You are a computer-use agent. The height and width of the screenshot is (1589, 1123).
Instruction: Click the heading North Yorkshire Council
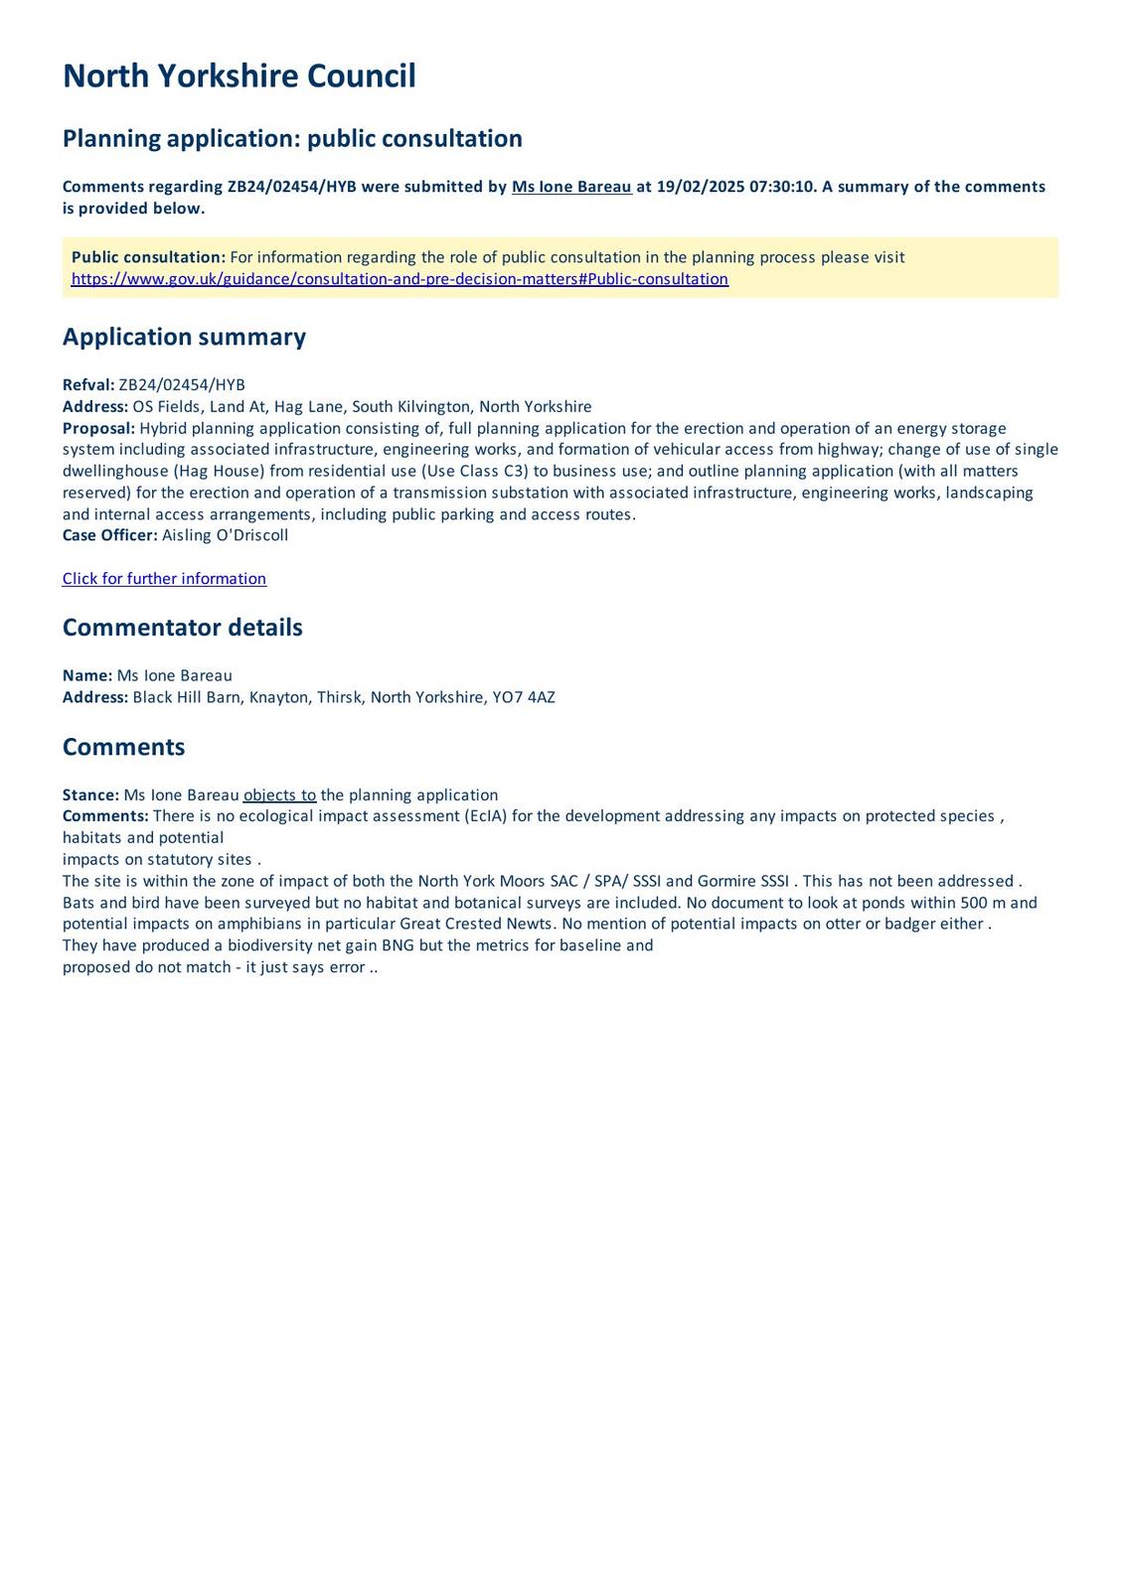(x=239, y=76)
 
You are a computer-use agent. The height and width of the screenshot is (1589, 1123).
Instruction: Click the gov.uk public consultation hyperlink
(x=400, y=279)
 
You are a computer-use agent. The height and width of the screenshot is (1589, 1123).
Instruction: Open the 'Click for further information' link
(x=164, y=579)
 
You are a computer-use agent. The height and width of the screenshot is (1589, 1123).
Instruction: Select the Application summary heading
(x=184, y=337)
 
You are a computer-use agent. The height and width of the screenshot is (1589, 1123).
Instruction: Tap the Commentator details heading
(x=182, y=628)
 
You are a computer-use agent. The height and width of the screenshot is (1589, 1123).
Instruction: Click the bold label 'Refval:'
(x=88, y=385)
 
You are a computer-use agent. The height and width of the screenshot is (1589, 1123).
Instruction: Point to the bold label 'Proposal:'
(x=98, y=428)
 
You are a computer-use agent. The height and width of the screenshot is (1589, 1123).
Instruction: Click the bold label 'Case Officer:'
(x=109, y=535)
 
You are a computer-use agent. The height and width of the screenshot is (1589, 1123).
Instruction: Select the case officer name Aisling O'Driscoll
(x=226, y=535)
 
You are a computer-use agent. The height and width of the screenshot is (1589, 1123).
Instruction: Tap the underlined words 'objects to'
(x=279, y=794)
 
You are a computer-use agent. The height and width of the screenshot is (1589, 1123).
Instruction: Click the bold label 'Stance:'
(x=90, y=794)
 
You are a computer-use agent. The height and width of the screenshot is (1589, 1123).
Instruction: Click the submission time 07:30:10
(x=782, y=187)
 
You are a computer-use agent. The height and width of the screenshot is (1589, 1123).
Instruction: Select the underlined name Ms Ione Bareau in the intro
(x=571, y=187)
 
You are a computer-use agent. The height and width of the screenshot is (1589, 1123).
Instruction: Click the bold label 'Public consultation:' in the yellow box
(x=148, y=257)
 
